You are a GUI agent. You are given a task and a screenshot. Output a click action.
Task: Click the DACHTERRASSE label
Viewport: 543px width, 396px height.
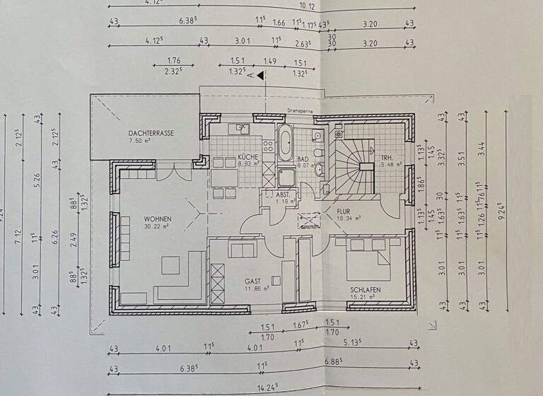pos(151,132)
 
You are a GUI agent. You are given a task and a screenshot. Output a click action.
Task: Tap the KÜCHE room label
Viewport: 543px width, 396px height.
pos(247,156)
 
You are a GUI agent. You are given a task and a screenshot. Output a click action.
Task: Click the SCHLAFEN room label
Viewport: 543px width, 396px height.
pos(365,289)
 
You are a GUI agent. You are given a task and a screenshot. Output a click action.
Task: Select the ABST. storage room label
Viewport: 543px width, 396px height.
pos(284,193)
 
